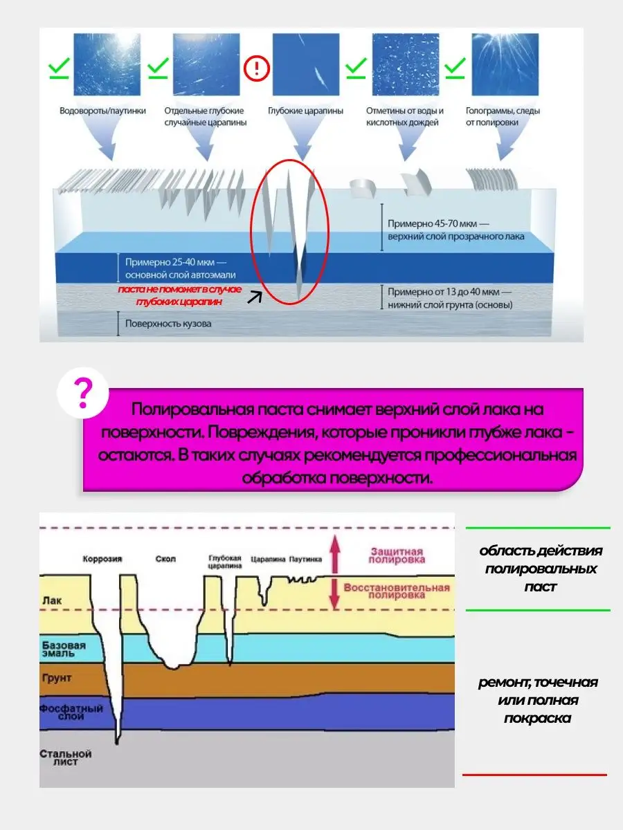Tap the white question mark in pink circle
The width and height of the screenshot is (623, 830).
pos(82,394)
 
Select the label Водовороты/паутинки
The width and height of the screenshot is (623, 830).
pos(103,111)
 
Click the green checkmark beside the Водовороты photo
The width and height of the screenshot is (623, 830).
pos(59,68)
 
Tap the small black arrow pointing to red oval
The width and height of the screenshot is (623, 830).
pos(255,297)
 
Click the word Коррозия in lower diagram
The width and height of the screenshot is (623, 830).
pos(102,560)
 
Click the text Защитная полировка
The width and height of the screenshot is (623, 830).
pos(397,555)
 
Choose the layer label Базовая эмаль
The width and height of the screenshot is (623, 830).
pos(63,650)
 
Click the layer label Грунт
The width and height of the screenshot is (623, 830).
pos(57,679)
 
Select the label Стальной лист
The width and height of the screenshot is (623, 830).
pos(66,757)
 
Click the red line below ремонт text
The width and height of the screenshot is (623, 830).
pos(534,775)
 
